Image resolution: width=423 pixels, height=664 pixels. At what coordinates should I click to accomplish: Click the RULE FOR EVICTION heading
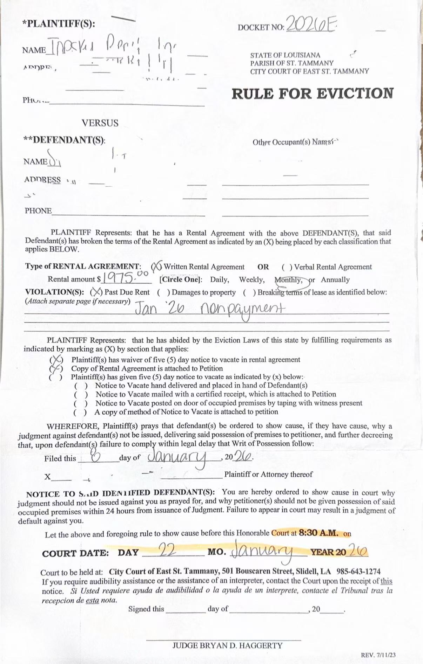click(x=312, y=94)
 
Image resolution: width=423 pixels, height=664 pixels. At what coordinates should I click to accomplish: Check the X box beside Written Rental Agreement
click(x=156, y=267)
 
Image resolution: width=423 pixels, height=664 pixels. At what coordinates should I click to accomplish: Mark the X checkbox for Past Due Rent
click(x=96, y=292)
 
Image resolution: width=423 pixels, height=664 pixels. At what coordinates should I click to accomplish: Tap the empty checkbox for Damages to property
click(x=163, y=292)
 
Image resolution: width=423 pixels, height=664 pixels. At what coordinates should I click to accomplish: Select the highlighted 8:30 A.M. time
click(x=318, y=533)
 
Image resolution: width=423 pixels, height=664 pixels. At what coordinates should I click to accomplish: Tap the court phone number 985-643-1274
click(x=358, y=572)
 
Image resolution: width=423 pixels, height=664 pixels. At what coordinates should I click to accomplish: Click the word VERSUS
click(x=100, y=123)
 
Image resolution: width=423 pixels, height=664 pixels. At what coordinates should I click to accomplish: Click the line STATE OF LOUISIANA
click(x=285, y=55)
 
